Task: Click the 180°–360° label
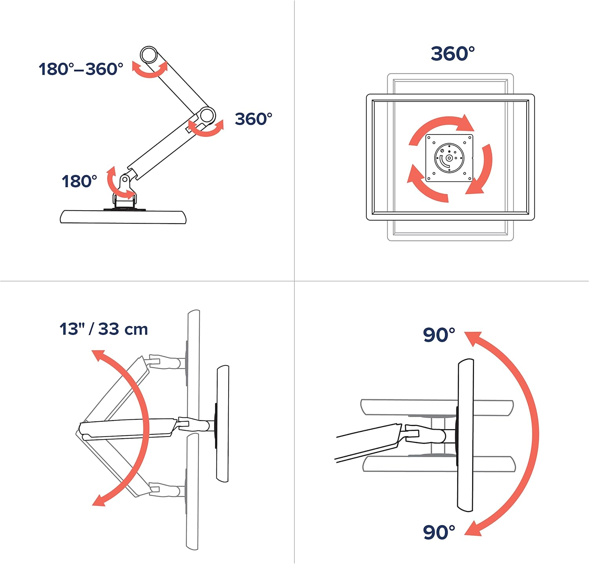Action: point(81,69)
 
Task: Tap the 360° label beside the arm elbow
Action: point(254,119)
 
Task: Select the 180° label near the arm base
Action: point(79,181)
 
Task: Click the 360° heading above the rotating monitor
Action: point(453,53)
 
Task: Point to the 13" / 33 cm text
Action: point(104,329)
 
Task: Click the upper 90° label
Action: point(439,334)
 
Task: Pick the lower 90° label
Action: point(439,532)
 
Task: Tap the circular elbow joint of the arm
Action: point(207,115)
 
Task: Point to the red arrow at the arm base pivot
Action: point(118,182)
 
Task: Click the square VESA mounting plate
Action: point(449,158)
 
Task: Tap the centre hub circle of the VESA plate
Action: point(449,158)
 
